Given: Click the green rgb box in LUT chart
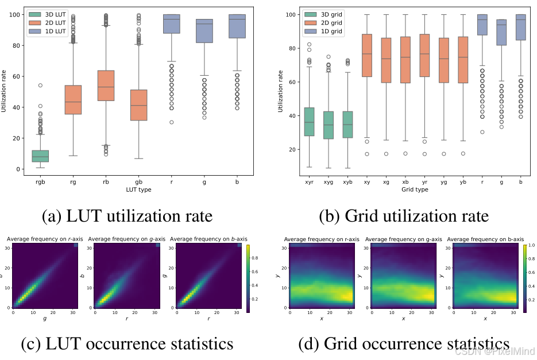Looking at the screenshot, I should pyautogui.click(x=40, y=156).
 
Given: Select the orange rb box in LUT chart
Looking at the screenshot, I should pyautogui.click(x=106, y=86).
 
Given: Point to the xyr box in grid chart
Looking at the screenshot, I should pyautogui.click(x=309, y=122).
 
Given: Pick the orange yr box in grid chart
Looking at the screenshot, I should pyautogui.click(x=425, y=56).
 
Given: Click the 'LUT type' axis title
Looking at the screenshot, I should pyautogui.click(x=138, y=190).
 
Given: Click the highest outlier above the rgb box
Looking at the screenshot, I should pyautogui.click(x=41, y=85).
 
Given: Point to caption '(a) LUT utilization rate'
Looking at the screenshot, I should pyautogui.click(x=128, y=216).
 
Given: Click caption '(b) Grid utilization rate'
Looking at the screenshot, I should pyautogui.click(x=404, y=216).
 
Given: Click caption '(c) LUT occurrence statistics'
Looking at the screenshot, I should pyautogui.click(x=127, y=343).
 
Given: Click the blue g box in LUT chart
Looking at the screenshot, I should pyautogui.click(x=204, y=31).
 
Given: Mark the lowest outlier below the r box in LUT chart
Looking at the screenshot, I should pyautogui.click(x=171, y=122).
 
